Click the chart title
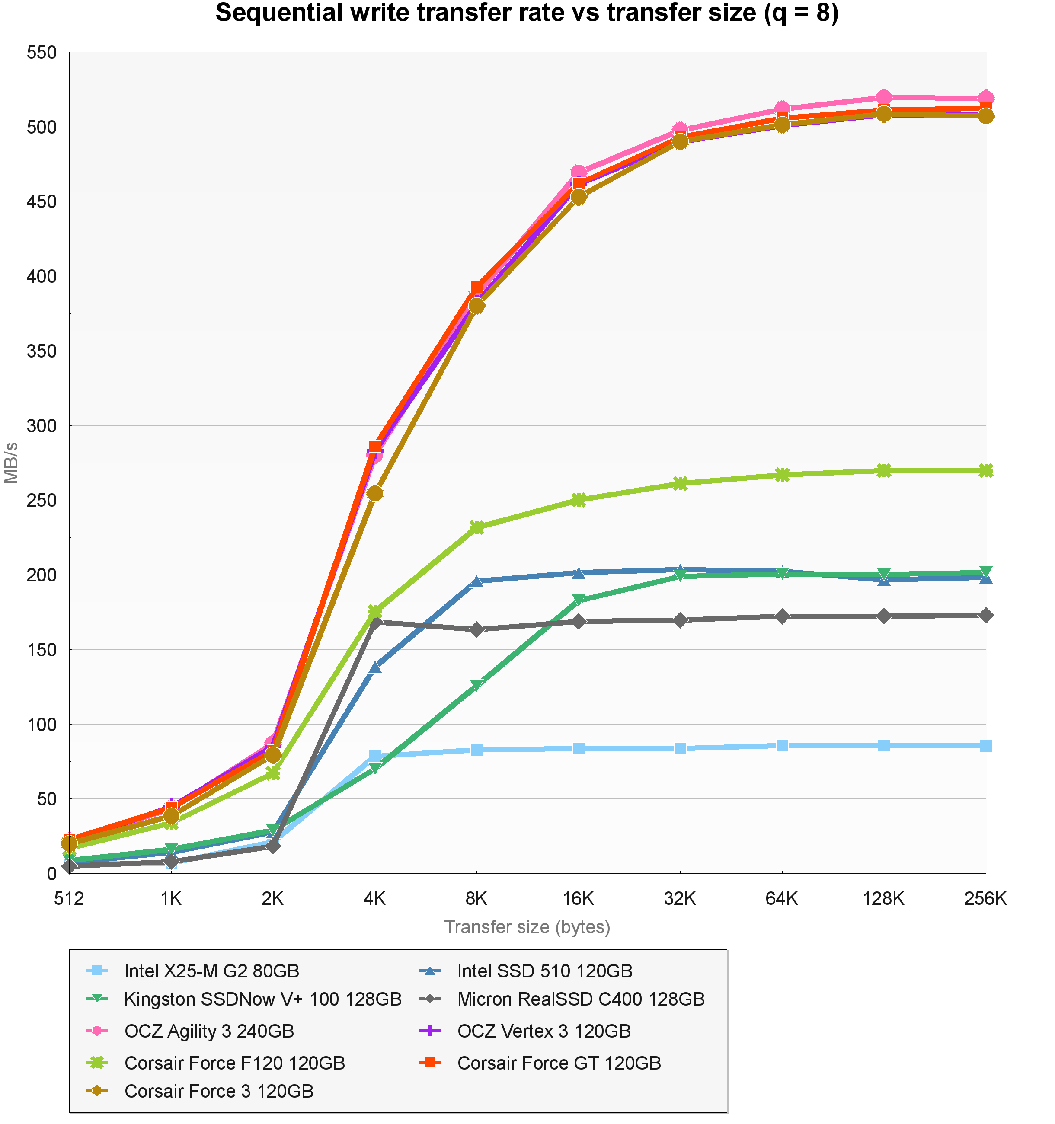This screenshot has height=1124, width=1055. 527,13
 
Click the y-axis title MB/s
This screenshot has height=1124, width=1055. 11,463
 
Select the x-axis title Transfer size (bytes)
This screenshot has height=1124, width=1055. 527,927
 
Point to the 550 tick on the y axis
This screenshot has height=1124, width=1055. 42,53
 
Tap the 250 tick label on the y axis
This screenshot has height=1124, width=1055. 42,500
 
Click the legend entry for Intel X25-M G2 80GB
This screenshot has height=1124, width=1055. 211,971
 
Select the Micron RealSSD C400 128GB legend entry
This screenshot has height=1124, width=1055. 581,999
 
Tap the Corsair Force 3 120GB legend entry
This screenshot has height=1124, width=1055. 219,1091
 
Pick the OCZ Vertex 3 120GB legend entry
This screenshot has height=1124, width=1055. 544,1031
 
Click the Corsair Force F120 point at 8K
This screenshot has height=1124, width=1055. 476,527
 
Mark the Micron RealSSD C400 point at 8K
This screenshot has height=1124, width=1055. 476,629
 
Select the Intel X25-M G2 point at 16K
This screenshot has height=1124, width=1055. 579,749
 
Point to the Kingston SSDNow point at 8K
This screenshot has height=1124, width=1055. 476,685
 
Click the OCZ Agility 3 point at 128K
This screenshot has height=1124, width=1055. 884,97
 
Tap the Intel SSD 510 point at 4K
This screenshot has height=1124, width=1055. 375,667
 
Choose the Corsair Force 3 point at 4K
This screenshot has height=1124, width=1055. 375,494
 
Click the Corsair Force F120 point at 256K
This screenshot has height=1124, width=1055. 985,470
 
